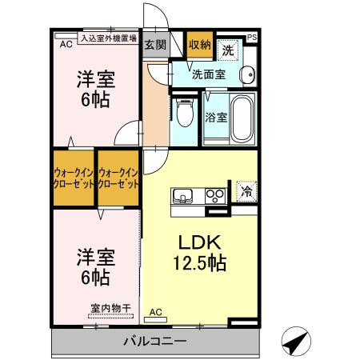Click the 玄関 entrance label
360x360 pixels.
155,46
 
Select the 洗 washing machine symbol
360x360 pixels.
230,48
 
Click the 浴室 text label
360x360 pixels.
216,117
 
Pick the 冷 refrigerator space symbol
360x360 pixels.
246,192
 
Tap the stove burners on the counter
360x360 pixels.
214,194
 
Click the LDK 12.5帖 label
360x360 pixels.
199,251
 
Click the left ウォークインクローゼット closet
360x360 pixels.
74,178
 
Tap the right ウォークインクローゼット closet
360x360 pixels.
118,178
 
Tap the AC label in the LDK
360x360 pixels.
156,312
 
